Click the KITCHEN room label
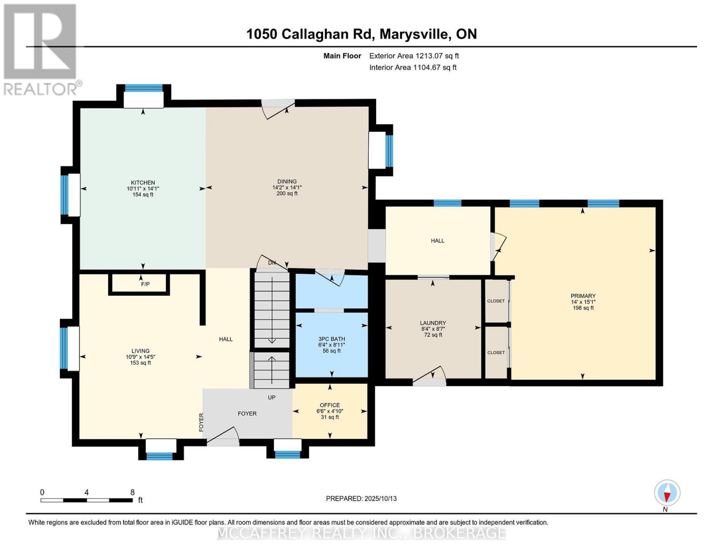point(142,183)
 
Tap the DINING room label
point(287,182)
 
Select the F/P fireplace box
point(145,284)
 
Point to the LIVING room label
point(140,351)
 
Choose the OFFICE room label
point(330,405)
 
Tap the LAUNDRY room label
point(433,323)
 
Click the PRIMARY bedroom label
point(583,296)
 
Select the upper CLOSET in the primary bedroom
point(496,301)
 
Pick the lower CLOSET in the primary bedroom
point(496,353)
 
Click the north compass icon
point(667,493)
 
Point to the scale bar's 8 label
point(132,492)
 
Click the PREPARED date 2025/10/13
point(361,498)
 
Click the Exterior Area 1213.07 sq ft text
point(414,56)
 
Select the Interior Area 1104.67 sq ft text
point(412,68)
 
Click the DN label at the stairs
point(272,263)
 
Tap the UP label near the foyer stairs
point(271,397)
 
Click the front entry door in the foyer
point(223,438)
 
